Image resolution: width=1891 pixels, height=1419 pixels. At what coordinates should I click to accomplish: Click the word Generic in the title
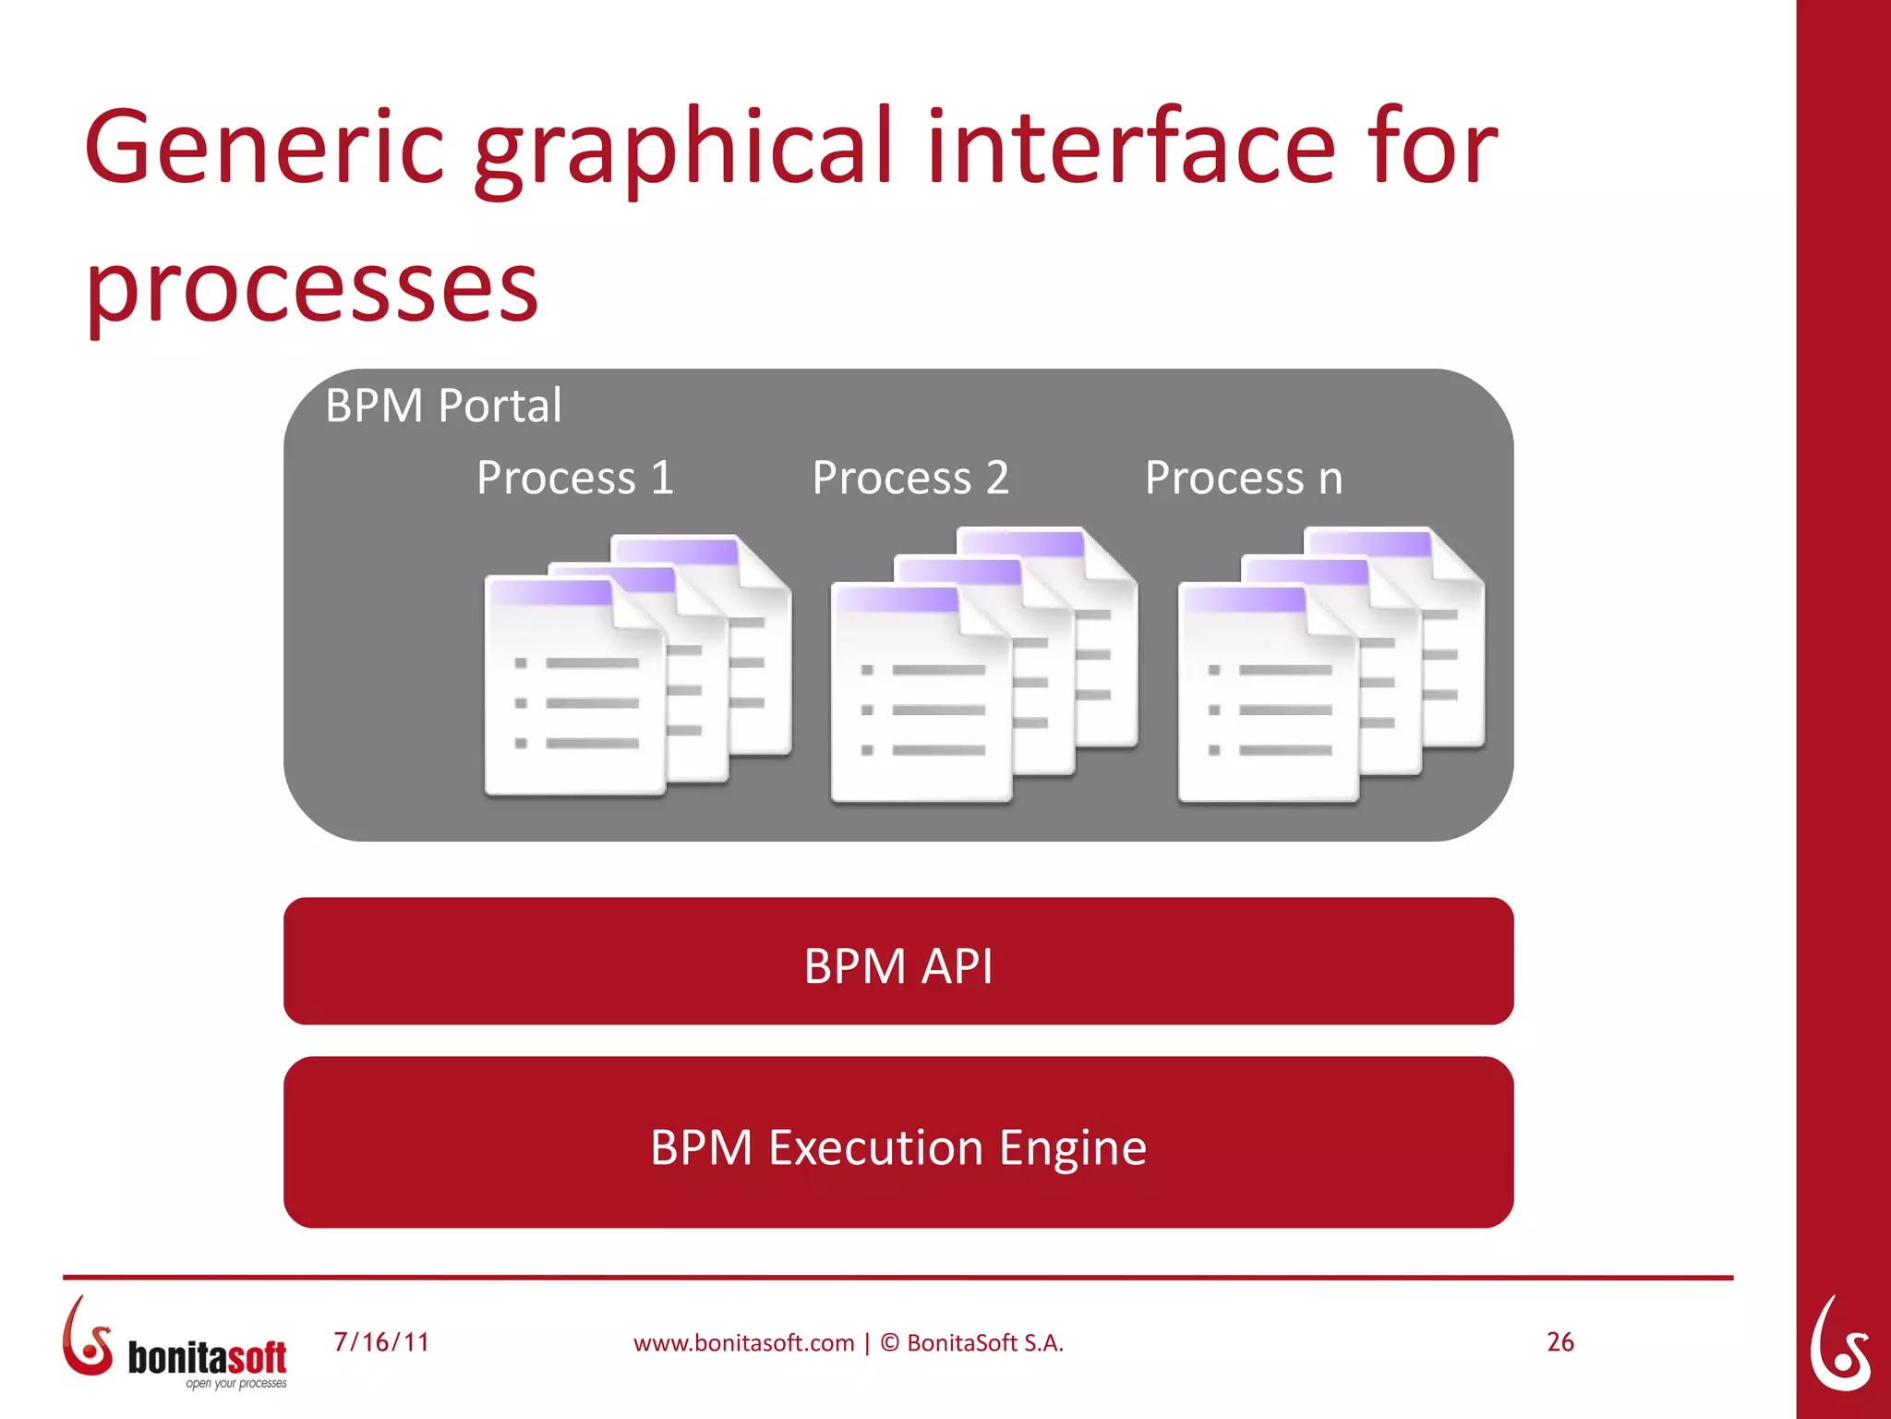click(x=264, y=148)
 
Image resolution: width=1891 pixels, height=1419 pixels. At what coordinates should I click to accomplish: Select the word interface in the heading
click(x=1131, y=148)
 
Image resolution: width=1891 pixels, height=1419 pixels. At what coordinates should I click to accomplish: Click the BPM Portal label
click(x=443, y=406)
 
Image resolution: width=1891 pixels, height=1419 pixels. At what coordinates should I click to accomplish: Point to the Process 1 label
click(x=574, y=478)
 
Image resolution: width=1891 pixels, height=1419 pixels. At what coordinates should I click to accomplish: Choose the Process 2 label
click(x=910, y=478)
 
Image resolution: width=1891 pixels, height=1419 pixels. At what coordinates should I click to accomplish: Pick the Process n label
click(x=1243, y=478)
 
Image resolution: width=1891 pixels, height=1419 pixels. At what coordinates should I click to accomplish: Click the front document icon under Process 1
click(x=574, y=688)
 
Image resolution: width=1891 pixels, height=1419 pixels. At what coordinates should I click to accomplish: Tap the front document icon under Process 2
click(x=921, y=695)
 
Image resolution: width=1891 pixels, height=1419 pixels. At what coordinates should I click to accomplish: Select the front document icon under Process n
click(x=1268, y=695)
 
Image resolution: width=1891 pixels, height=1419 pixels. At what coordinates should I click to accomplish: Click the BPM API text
click(x=897, y=966)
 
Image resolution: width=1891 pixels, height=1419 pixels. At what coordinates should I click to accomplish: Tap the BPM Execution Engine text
click(x=897, y=1147)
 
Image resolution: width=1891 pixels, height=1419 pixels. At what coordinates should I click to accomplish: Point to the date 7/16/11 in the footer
click(x=381, y=1342)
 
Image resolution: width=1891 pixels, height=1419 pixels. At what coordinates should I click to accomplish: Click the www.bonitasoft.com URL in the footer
click(x=743, y=1343)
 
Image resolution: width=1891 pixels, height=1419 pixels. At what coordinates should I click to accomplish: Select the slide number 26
click(x=1560, y=1342)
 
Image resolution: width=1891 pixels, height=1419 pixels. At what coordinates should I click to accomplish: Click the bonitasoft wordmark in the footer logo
click(x=207, y=1357)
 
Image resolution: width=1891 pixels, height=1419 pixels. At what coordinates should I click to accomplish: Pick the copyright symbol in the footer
click(x=889, y=1343)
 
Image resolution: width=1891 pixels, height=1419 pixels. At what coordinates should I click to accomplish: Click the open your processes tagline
click(x=235, y=1384)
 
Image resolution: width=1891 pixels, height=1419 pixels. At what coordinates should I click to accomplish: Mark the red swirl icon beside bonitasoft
click(x=87, y=1338)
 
